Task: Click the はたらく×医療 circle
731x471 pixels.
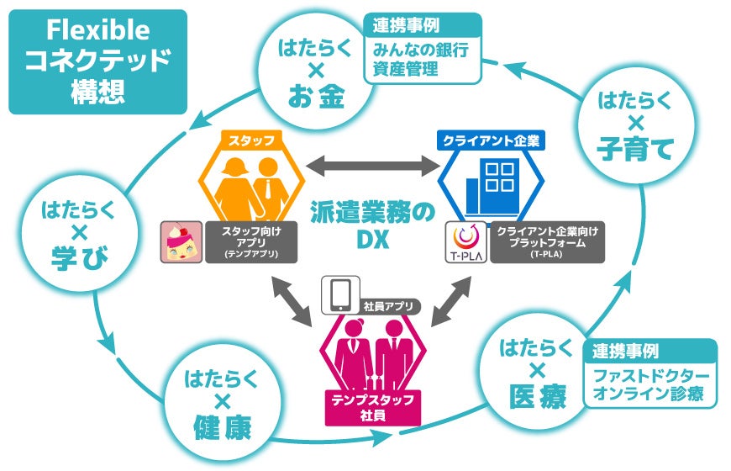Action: point(535,375)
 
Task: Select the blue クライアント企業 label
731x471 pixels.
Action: point(492,136)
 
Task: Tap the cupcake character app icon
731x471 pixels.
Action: point(182,242)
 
